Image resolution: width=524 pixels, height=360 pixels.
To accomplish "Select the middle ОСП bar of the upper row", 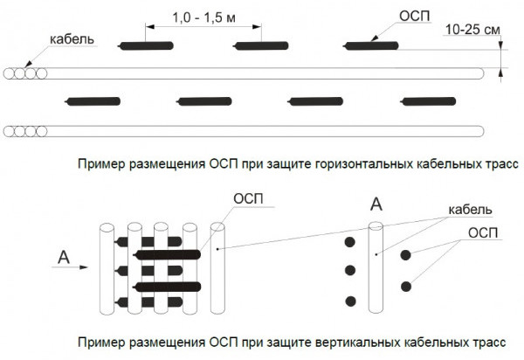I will [x=260, y=45].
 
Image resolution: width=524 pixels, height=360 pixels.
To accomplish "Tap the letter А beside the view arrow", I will [x=62, y=256].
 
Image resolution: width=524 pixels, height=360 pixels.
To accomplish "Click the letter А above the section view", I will [x=376, y=204].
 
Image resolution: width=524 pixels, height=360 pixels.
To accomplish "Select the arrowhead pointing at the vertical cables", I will [x=86, y=270].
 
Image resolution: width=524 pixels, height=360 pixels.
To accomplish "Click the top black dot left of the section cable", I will [x=351, y=239].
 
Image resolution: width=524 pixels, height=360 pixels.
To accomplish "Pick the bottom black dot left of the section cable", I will [x=351, y=301].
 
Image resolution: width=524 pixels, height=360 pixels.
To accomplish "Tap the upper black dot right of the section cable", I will [x=406, y=255].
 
